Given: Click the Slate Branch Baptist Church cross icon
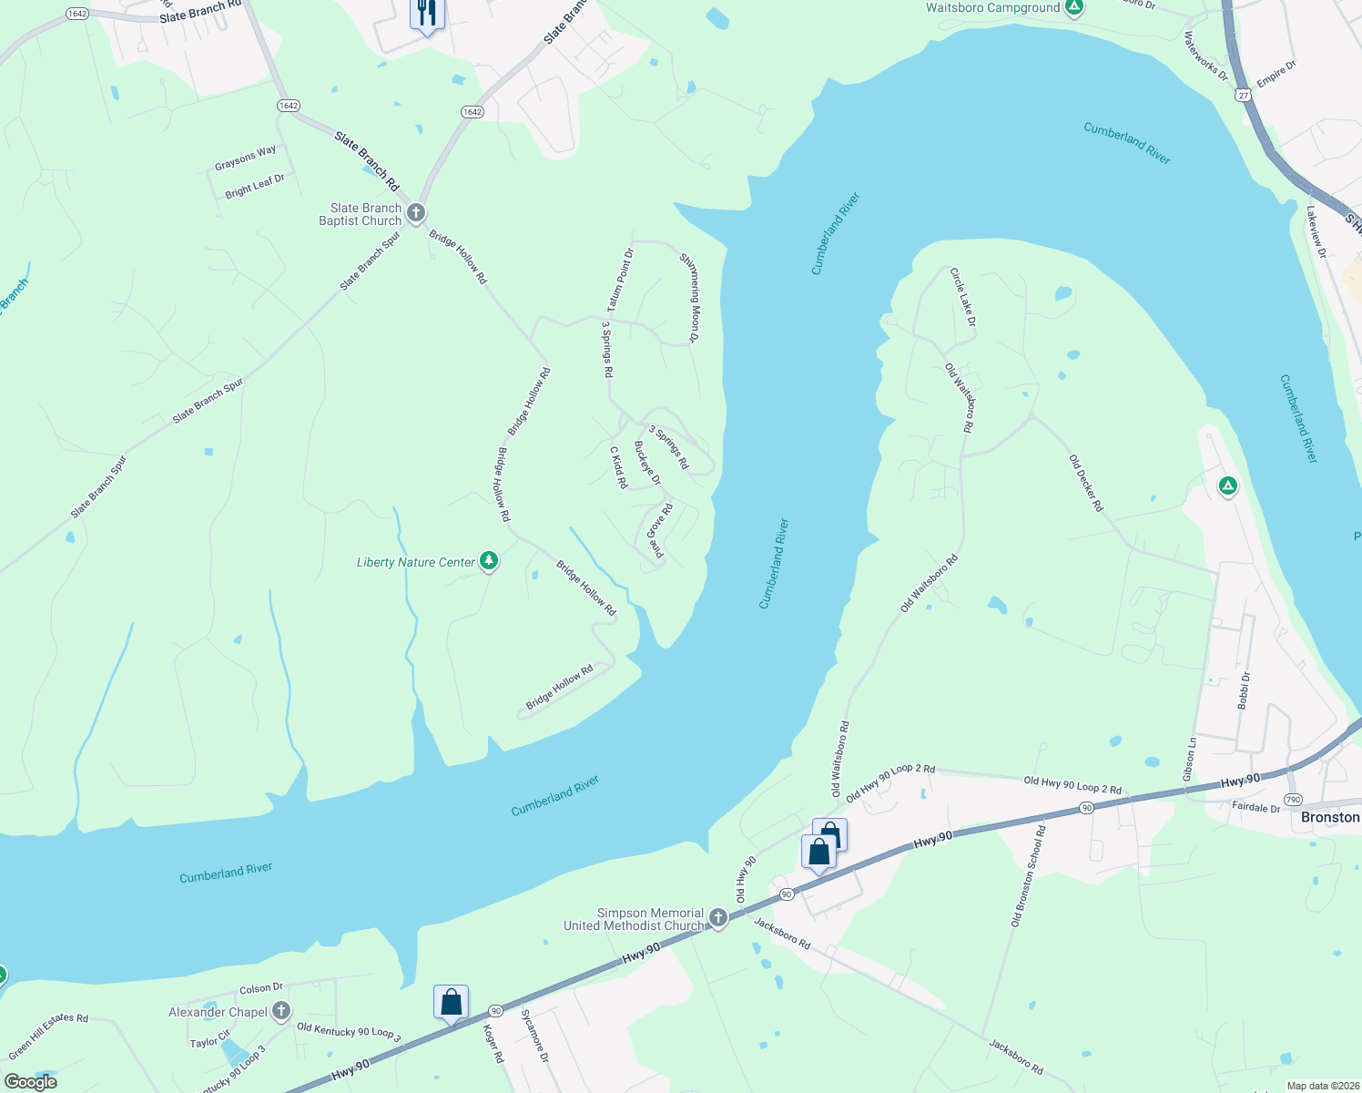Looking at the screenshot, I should pyautogui.click(x=416, y=213).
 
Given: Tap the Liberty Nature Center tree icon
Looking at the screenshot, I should pyautogui.click(x=489, y=560).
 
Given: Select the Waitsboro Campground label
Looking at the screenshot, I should pyautogui.click(x=992, y=8).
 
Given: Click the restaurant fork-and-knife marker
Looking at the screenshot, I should pyautogui.click(x=427, y=14).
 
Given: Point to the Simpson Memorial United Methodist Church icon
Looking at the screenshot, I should pyautogui.click(x=718, y=918).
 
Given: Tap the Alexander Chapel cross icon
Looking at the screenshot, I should pyautogui.click(x=281, y=1010).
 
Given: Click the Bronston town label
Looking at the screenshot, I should pyautogui.click(x=1329, y=817).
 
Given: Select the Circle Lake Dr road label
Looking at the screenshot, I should pyautogui.click(x=962, y=297).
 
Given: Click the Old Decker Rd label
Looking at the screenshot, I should pyautogui.click(x=1085, y=483).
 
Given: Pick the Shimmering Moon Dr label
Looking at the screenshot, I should pyautogui.click(x=689, y=298).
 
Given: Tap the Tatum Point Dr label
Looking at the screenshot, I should pyautogui.click(x=620, y=279).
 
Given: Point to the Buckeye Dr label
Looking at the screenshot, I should pyautogui.click(x=647, y=463).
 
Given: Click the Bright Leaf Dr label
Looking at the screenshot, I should pyautogui.click(x=255, y=186).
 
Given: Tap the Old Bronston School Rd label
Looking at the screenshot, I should pyautogui.click(x=1029, y=876).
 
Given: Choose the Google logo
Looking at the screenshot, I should pyautogui.click(x=30, y=1082).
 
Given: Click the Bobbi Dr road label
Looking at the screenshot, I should pyautogui.click(x=1244, y=690).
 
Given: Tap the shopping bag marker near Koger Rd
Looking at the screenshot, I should pyautogui.click(x=451, y=1003).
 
